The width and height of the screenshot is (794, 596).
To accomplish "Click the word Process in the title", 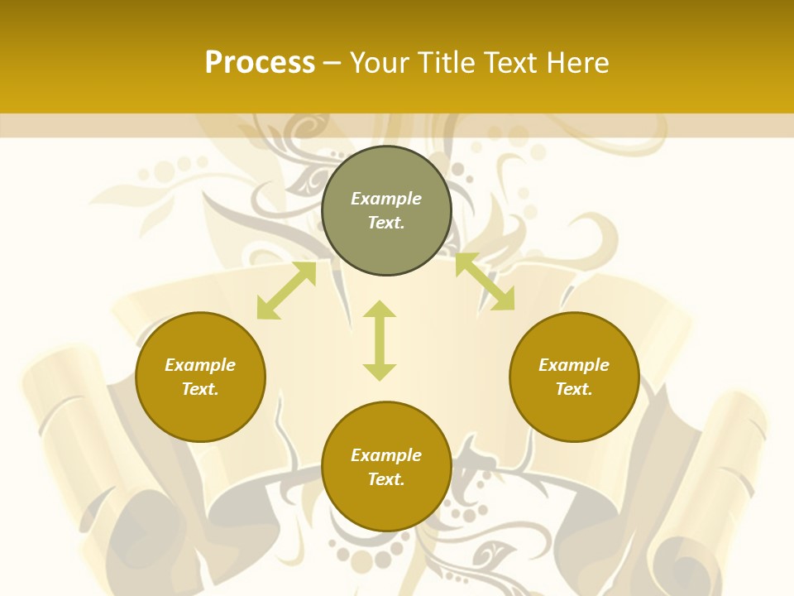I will [260, 63].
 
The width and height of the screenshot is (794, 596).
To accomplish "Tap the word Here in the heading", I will [578, 63].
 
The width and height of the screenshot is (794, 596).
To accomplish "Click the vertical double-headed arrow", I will [380, 341].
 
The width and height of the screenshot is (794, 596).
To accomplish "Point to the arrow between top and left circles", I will [286, 291].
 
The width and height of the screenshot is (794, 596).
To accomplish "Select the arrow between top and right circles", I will [485, 282].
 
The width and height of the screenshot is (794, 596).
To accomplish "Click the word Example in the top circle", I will [386, 199].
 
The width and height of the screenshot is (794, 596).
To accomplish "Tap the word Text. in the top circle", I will [386, 223].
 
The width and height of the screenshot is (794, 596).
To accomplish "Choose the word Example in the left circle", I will [200, 365].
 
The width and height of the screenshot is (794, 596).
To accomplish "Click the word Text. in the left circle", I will [200, 389].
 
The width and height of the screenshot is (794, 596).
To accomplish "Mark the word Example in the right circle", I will [574, 365].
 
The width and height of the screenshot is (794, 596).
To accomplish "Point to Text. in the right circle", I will [574, 389].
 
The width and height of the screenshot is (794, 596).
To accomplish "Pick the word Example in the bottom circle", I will [386, 455].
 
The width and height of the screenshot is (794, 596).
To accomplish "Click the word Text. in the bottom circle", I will [386, 479].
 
